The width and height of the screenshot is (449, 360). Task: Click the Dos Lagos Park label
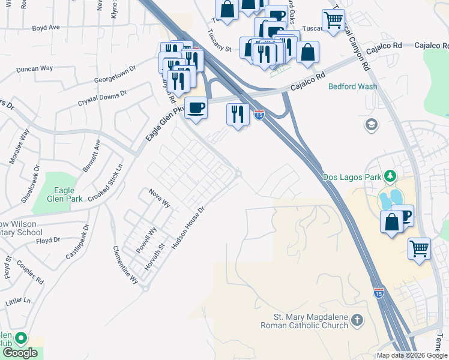[352, 177]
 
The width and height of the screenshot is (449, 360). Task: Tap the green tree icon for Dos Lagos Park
[391, 176]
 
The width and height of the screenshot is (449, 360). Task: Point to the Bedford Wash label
[352, 86]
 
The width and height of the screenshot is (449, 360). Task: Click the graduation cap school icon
[371, 124]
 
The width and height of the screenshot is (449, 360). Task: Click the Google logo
[20, 353]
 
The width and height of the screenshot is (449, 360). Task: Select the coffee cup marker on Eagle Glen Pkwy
[196, 109]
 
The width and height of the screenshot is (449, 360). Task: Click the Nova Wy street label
[160, 199]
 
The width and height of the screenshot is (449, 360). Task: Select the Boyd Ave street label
[46, 28]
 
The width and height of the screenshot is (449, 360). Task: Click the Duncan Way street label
[35, 69]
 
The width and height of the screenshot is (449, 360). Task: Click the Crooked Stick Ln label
[105, 183]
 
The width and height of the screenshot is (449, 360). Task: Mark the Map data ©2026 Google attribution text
[412, 355]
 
